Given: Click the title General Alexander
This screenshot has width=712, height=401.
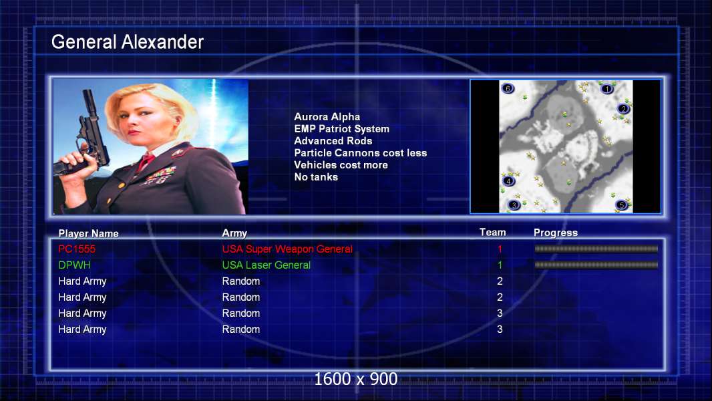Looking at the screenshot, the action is (x=127, y=42).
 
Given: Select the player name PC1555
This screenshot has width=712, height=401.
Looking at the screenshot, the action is (x=77, y=249).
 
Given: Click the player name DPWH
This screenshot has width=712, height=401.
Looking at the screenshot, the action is (x=74, y=265).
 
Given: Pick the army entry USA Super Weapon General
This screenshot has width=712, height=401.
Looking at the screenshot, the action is (x=287, y=249).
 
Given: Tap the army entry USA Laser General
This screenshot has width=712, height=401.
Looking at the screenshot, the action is (x=266, y=265).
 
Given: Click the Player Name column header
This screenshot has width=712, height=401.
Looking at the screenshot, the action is (x=89, y=233).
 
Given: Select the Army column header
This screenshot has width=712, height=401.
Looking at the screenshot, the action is (x=234, y=233).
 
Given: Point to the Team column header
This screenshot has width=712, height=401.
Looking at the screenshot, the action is (x=493, y=232).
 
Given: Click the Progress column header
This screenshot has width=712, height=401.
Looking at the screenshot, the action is (x=556, y=233).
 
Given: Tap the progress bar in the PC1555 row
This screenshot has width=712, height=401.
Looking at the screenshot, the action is (x=596, y=249).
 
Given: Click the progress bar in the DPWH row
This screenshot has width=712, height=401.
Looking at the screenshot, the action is (x=596, y=265).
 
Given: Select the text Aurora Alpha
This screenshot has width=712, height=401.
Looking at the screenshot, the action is (x=327, y=117).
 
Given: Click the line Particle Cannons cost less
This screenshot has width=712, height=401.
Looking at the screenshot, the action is (x=361, y=153).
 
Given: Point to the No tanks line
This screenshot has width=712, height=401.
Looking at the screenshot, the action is (x=316, y=177).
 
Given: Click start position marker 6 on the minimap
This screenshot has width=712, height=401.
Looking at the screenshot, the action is (x=508, y=88).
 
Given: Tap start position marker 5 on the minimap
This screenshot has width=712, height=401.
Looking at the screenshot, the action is (x=621, y=205).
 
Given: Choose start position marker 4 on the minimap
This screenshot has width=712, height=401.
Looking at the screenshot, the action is (x=508, y=181).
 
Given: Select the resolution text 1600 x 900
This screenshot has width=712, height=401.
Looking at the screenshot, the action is (x=356, y=379).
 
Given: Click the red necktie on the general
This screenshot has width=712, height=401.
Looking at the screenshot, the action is (x=146, y=161).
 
